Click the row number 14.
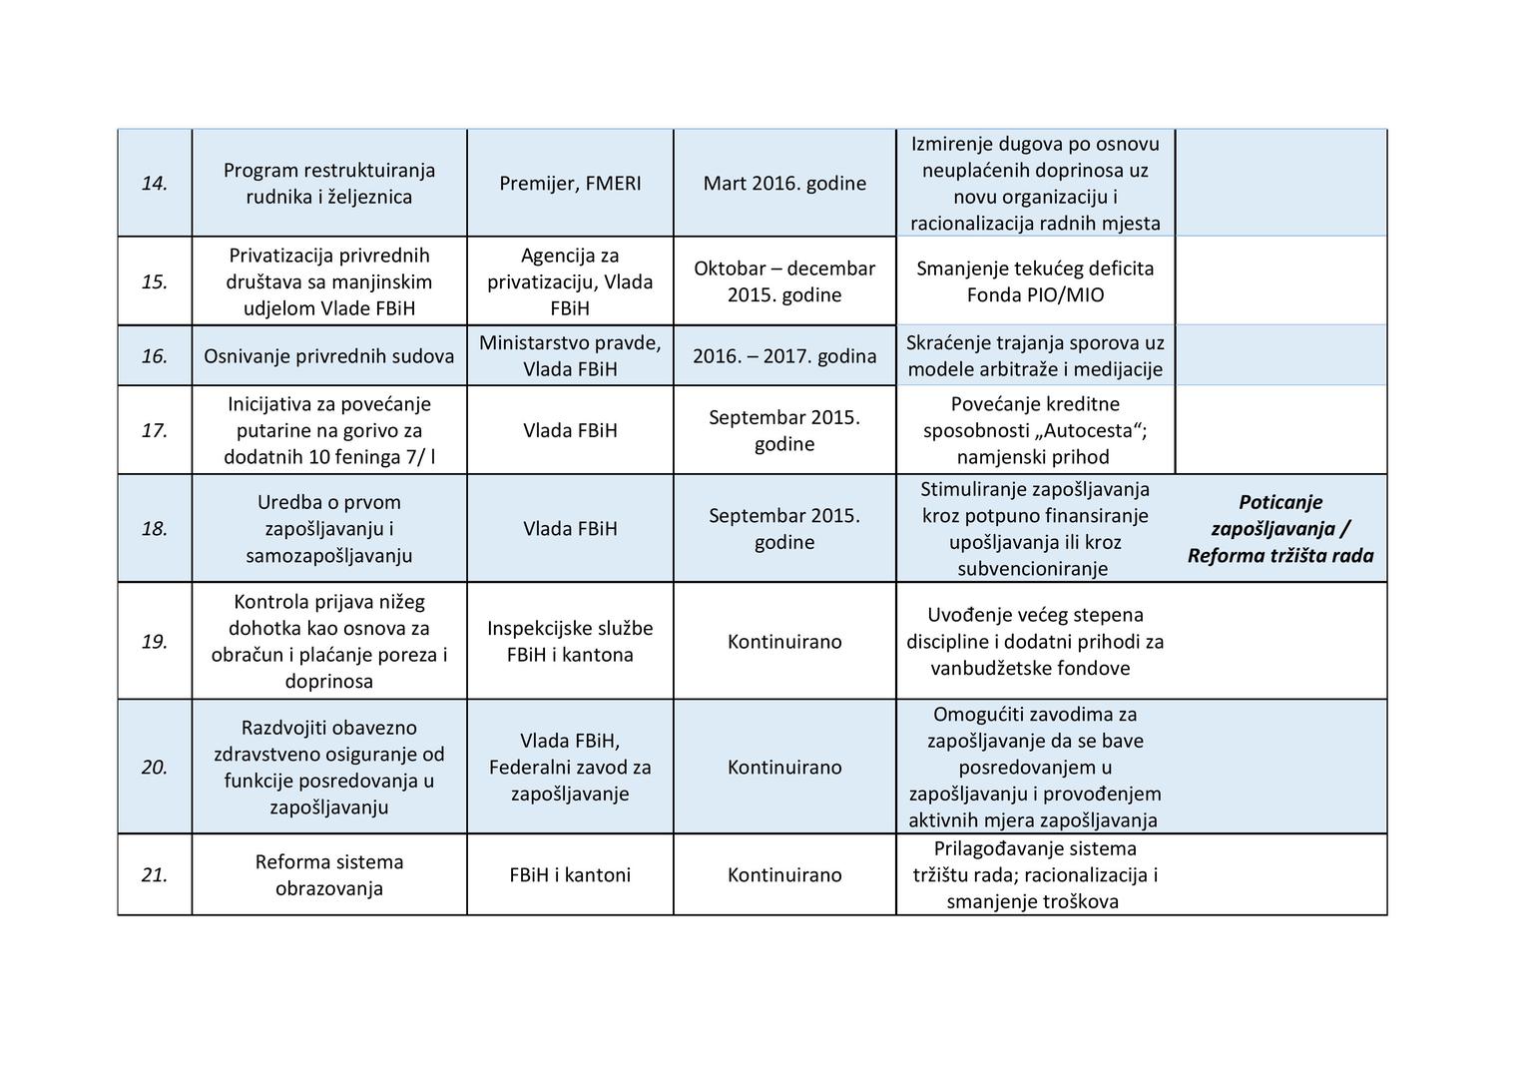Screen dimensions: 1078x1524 click(154, 184)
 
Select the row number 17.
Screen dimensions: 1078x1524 click(154, 431)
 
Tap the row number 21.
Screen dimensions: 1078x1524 click(154, 875)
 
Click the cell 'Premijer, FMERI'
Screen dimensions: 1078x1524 click(570, 184)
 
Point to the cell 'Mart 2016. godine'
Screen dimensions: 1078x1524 click(784, 184)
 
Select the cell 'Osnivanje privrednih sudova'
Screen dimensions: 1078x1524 click(329, 356)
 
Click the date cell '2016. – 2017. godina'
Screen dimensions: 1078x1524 click(784, 356)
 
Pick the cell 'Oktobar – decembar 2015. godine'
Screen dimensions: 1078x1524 click(784, 281)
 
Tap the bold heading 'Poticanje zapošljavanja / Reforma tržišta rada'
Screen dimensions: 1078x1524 click(1280, 529)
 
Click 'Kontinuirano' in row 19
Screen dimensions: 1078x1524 click(784, 642)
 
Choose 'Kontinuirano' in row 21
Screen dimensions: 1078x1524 click(784, 875)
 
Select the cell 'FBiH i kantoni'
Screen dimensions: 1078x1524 click(570, 875)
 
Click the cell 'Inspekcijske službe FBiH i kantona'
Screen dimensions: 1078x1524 click(570, 642)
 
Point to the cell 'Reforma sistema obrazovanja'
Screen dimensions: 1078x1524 click(329, 875)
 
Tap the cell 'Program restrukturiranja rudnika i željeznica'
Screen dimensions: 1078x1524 click(329, 184)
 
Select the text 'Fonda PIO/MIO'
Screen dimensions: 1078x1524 click(1035, 295)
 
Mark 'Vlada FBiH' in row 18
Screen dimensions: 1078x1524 click(570, 529)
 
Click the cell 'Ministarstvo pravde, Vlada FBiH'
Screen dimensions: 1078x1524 click(570, 356)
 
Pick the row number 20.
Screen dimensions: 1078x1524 click(154, 768)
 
